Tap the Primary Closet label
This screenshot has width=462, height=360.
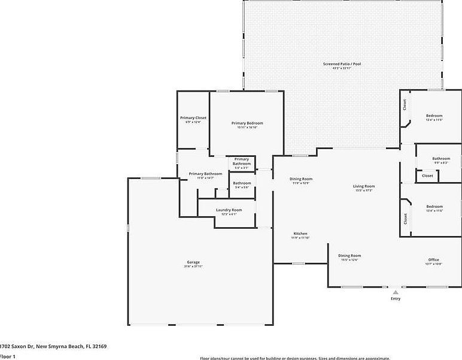coord(193,118)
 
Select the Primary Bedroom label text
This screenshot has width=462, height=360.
coord(247,123)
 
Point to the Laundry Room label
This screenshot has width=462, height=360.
coord(229,210)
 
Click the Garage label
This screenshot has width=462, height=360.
coord(193,262)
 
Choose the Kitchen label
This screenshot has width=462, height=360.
coord(300,233)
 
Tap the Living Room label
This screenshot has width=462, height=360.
coord(364,186)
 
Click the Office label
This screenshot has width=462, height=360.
coord(433,259)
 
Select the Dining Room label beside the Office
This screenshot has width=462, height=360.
coord(350,256)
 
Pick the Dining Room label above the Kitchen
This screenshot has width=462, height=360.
coord(301,179)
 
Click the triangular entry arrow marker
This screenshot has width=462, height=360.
coord(395,292)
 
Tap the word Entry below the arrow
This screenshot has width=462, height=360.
coord(396,299)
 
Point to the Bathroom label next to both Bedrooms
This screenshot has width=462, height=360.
coord(441,159)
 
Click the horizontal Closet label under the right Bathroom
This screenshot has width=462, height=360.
coord(427,176)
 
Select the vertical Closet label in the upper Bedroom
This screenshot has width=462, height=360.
coord(405,105)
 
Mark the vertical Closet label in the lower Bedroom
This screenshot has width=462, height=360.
coord(405,219)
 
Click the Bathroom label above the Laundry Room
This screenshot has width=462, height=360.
coord(242,183)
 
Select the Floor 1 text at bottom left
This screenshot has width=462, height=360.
coord(7,356)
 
